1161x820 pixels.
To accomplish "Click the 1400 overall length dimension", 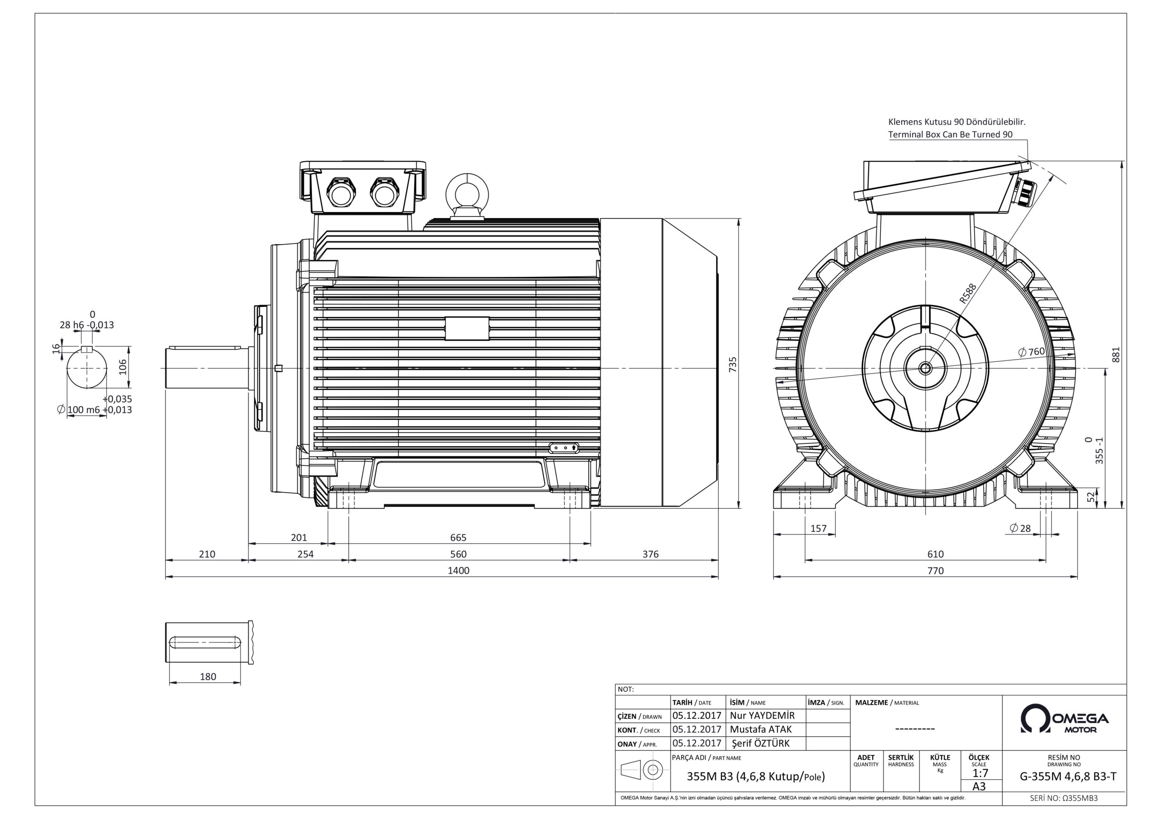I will (x=458, y=570).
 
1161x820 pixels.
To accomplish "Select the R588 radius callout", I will (x=967, y=293).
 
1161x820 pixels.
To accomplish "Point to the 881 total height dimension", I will (x=1116, y=354).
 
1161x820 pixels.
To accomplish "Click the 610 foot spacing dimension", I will (x=935, y=554).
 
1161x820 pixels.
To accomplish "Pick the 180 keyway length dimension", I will (x=208, y=676).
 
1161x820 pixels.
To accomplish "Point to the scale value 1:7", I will (x=980, y=773).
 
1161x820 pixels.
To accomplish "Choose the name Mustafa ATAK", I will (x=761, y=729).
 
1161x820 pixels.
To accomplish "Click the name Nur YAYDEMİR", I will (x=762, y=716).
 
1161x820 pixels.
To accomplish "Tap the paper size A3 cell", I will (x=979, y=786).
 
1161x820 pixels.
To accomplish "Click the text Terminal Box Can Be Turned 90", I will (x=950, y=135).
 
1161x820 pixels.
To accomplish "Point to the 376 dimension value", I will (x=650, y=554).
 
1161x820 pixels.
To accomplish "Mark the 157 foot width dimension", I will (x=818, y=529).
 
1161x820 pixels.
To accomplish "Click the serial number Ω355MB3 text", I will (x=1063, y=798).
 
